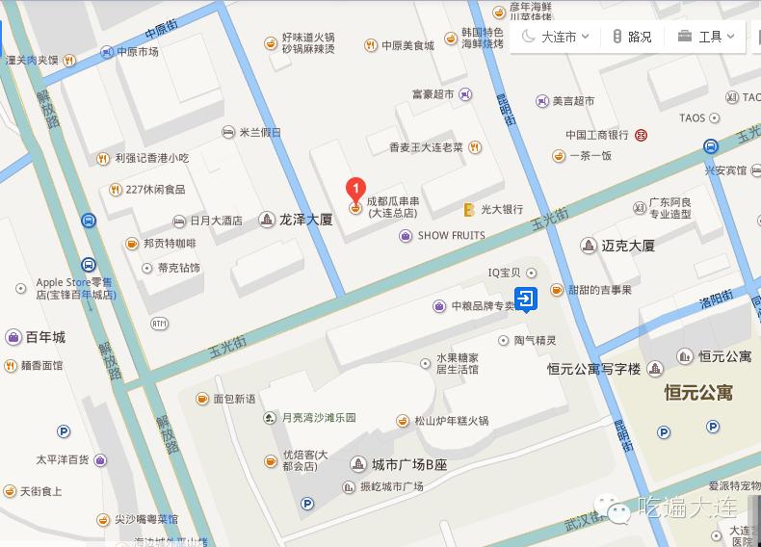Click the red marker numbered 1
coord(355,186)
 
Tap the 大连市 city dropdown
coord(551,37)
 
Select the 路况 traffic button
coord(632,37)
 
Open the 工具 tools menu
coord(706,37)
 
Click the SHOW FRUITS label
coord(451,236)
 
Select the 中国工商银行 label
coord(596,135)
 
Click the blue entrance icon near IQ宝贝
coord(526,300)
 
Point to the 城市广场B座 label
coord(408,464)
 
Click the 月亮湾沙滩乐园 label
coord(318,418)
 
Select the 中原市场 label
coord(136,52)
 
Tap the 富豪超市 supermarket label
coord(433,94)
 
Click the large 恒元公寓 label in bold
coord(697,393)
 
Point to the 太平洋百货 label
coord(63,459)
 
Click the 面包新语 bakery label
coord(234,399)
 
